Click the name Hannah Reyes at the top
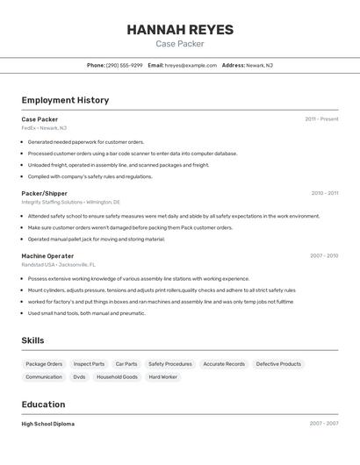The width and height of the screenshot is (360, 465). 180,30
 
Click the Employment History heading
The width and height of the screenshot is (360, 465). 65,100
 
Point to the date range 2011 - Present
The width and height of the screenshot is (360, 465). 321,118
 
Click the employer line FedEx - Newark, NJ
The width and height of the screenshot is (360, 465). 44,128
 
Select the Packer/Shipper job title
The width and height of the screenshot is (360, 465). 44,193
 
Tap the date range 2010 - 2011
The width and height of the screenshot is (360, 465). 324,193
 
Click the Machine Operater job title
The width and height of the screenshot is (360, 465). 47,255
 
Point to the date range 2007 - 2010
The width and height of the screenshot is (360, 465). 324,255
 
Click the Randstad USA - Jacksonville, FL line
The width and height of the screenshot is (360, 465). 59,264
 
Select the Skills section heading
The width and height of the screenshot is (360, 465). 33,340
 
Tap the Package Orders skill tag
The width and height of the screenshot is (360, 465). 44,363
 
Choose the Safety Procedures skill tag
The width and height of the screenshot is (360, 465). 169,363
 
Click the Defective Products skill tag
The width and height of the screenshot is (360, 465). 278,363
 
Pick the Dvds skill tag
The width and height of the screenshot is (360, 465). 79,376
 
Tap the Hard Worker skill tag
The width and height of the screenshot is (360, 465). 162,376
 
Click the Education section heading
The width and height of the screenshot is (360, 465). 43,404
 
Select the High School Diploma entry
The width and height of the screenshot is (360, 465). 48,424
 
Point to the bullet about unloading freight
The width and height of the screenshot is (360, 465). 119,164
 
